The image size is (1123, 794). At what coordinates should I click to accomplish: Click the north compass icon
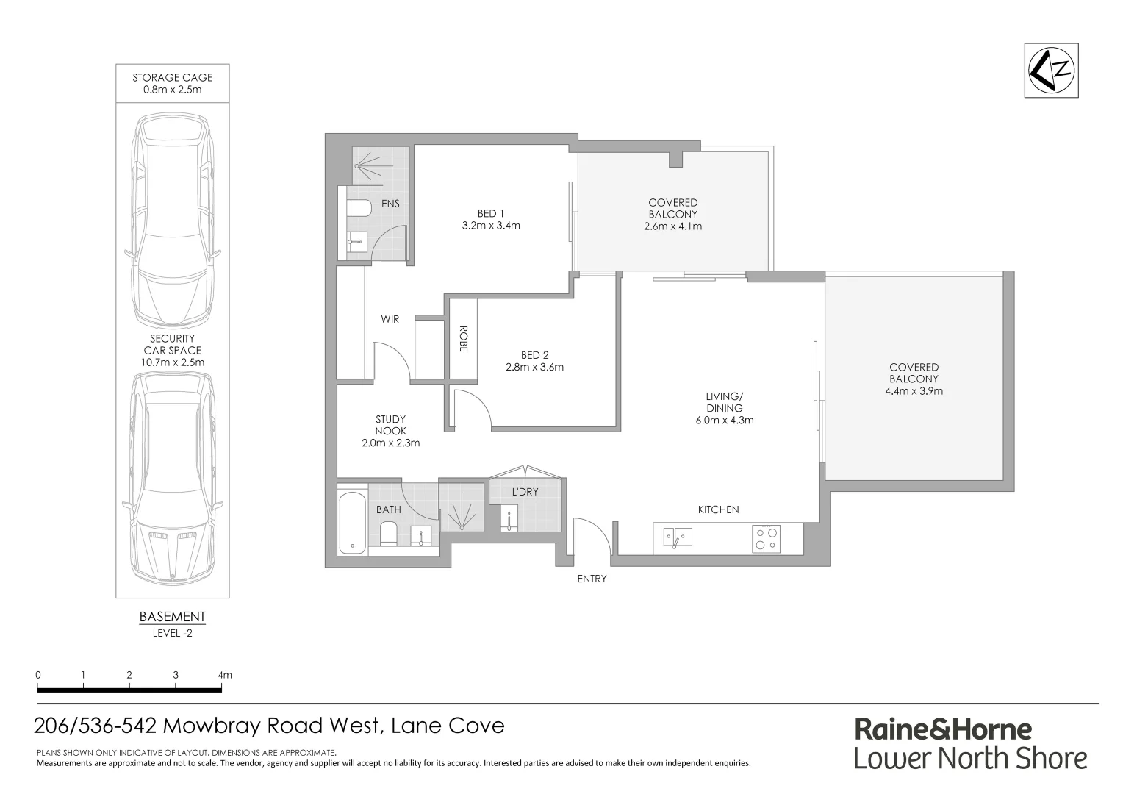coord(1051,71)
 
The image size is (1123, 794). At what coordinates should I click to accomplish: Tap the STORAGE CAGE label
coord(173,77)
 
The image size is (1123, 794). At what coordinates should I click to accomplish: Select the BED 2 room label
coord(534,355)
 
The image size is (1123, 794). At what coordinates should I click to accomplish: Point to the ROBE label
coord(463,339)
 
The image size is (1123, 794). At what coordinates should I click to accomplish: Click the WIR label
coord(390,319)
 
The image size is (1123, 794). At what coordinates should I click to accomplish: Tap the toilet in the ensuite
coord(359,208)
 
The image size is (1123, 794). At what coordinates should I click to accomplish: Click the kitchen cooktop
coord(767,538)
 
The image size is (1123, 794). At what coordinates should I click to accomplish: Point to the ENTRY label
coord(592,579)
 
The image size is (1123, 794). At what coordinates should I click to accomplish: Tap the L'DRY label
coord(525,492)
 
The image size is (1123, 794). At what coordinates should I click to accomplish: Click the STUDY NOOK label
coord(390,425)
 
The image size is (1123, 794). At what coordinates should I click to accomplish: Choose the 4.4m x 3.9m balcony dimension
coord(914,391)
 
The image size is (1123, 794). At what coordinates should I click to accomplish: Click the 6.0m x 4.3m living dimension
coord(724,421)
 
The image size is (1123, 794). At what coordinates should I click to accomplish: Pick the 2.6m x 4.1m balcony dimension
coord(672,226)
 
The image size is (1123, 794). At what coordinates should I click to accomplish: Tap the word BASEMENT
coord(172,617)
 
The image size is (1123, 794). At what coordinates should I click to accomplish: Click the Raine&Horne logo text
coord(943,729)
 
